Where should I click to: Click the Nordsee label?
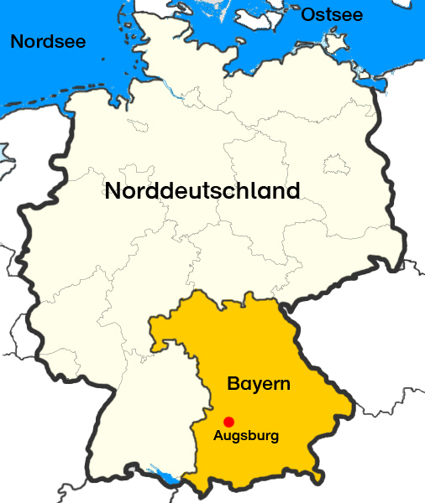point(48,40)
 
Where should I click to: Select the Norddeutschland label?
point(202,190)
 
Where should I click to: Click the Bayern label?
point(259,385)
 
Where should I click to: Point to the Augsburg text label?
point(245,436)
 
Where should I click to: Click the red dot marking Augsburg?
point(228,421)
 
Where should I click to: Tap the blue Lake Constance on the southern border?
point(168,479)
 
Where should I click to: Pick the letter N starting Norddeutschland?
point(113,190)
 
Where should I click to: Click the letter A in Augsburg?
point(218,436)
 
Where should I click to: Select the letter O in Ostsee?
point(308,14)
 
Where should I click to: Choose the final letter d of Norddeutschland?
point(292,190)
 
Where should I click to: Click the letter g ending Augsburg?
point(273,438)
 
